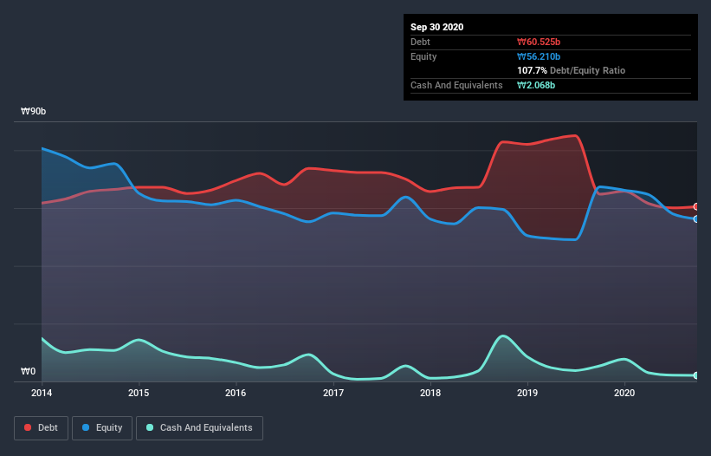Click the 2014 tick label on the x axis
pyautogui.click(x=42, y=393)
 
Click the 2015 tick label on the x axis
pyautogui.click(x=139, y=393)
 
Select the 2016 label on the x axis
pyautogui.click(x=236, y=393)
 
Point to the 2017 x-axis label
pyautogui.click(x=333, y=393)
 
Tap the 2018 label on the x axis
pyautogui.click(x=430, y=393)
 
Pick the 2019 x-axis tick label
pyautogui.click(x=527, y=393)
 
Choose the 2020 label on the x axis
pyautogui.click(x=624, y=393)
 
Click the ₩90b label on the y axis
pyautogui.click(x=34, y=112)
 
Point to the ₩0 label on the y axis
pyautogui.click(x=29, y=372)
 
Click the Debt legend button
pyautogui.click(x=41, y=427)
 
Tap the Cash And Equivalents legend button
pyautogui.click(x=199, y=427)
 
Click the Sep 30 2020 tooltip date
pyautogui.click(x=437, y=27)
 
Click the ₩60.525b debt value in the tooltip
pyautogui.click(x=540, y=42)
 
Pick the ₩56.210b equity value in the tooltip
pyautogui.click(x=540, y=56)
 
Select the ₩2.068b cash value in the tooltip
pyautogui.click(x=537, y=85)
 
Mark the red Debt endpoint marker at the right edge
pyautogui.click(x=696, y=206)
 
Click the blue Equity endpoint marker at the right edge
pyautogui.click(x=696, y=218)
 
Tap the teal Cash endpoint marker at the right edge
pyautogui.click(x=696, y=375)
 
